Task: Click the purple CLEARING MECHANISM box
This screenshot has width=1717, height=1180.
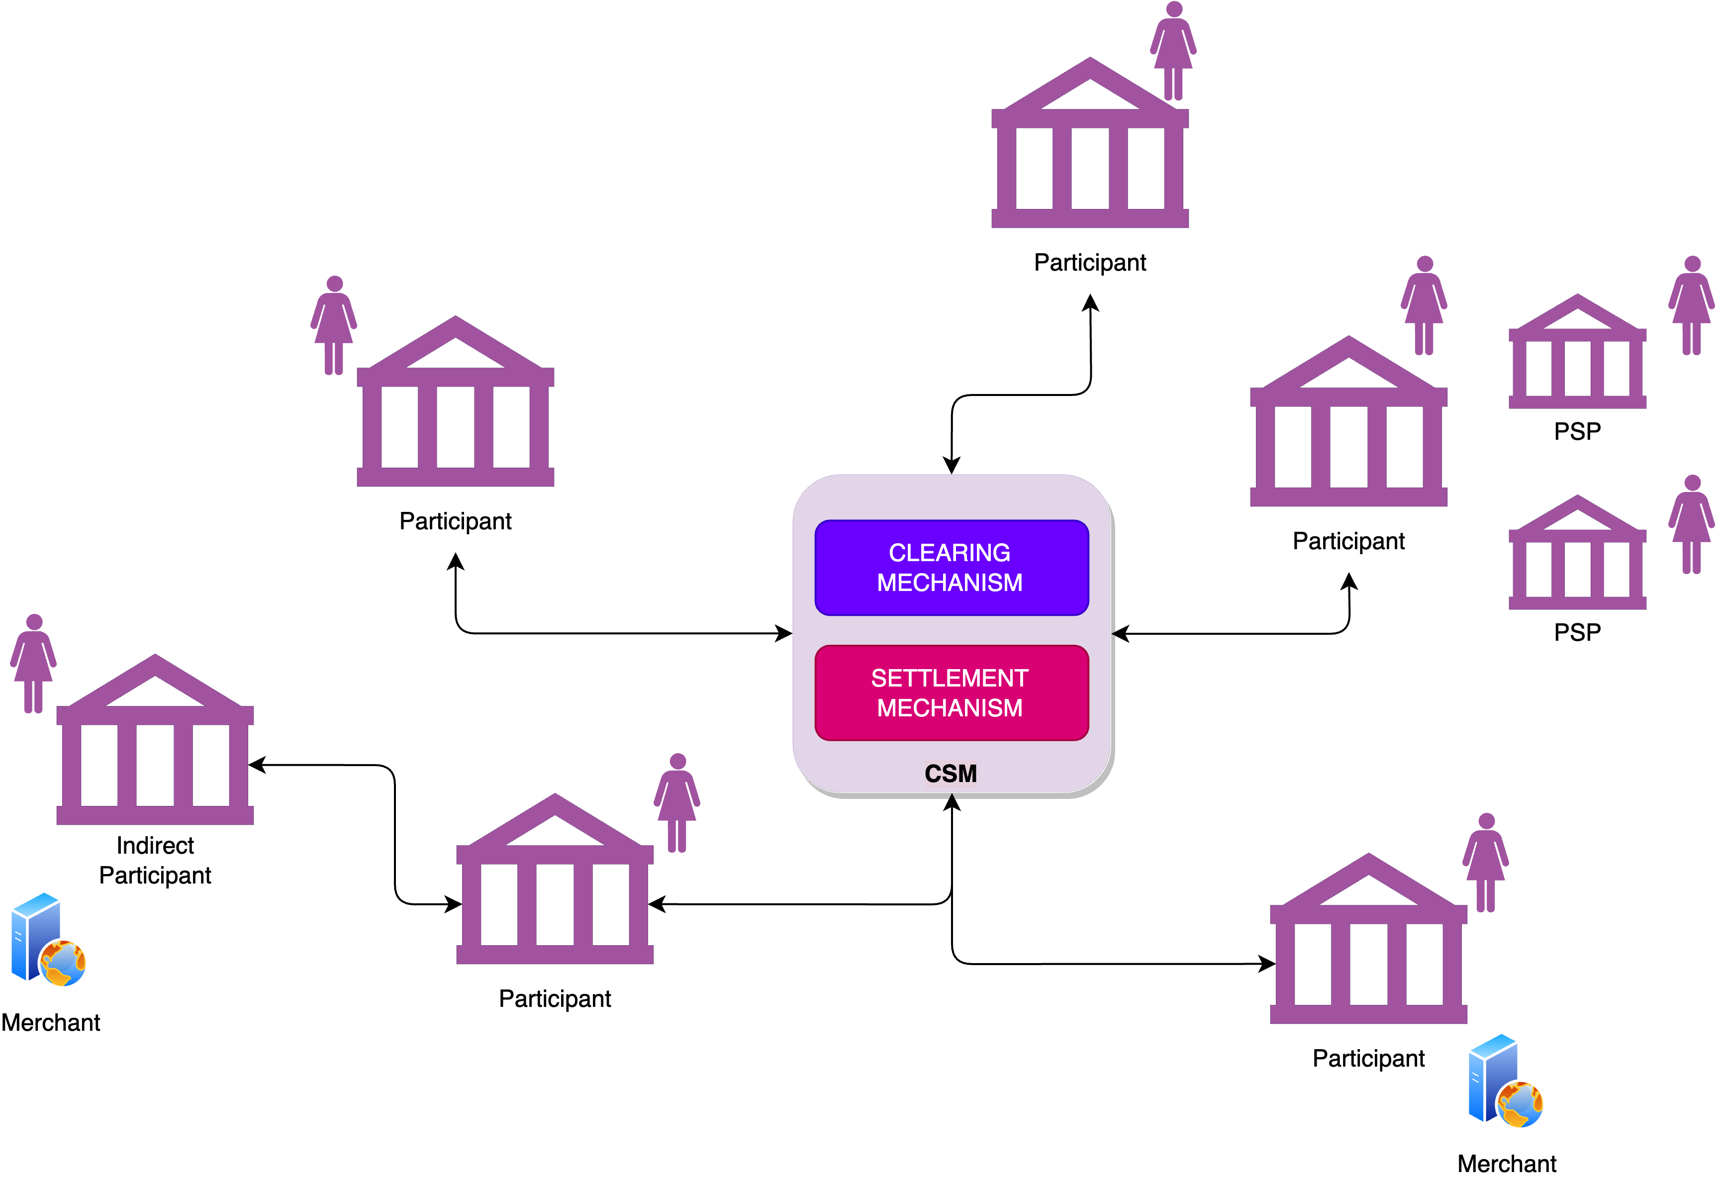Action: (951, 568)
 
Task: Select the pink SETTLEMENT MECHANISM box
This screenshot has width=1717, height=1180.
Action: (951, 693)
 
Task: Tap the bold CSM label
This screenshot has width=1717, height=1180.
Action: (951, 774)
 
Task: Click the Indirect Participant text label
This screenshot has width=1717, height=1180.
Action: (155, 860)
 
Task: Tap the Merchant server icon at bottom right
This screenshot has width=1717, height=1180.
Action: (1505, 1082)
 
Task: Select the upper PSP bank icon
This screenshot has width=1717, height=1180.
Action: (1577, 353)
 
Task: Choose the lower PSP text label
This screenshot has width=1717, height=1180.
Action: (1577, 632)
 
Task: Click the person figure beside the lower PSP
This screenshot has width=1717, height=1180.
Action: (1691, 525)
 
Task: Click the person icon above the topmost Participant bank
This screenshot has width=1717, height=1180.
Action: (1172, 50)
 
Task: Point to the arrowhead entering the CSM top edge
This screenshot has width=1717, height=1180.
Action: (951, 466)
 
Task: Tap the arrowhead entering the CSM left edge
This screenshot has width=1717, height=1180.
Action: (784, 633)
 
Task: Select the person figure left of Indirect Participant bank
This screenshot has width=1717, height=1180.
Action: (33, 663)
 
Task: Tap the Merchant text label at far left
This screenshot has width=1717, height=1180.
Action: (50, 1022)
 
